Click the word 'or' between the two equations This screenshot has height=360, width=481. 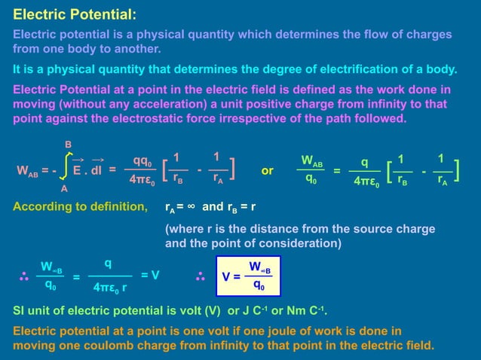click(267, 170)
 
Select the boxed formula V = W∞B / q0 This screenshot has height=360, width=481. click(244, 276)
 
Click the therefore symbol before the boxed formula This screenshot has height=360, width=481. click(201, 276)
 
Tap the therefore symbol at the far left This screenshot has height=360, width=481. click(23, 276)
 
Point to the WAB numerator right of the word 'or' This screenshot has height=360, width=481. click(311, 160)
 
